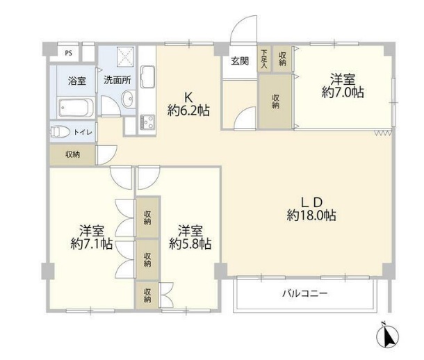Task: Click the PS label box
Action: pyautogui.click(x=68, y=52)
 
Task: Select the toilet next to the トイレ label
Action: pyautogui.click(x=60, y=131)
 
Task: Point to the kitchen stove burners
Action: pyautogui.click(x=147, y=124)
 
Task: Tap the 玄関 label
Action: pyautogui.click(x=239, y=60)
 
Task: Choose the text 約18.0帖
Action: pyautogui.click(x=312, y=216)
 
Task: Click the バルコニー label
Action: pyautogui.click(x=304, y=293)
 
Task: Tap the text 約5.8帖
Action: pyautogui.click(x=190, y=244)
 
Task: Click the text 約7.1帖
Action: pyautogui.click(x=92, y=244)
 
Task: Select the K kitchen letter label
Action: pyautogui.click(x=188, y=97)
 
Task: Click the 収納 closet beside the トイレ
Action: pyautogui.click(x=72, y=155)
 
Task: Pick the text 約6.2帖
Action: pyautogui.click(x=189, y=110)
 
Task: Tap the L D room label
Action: pyautogui.click(x=311, y=202)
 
